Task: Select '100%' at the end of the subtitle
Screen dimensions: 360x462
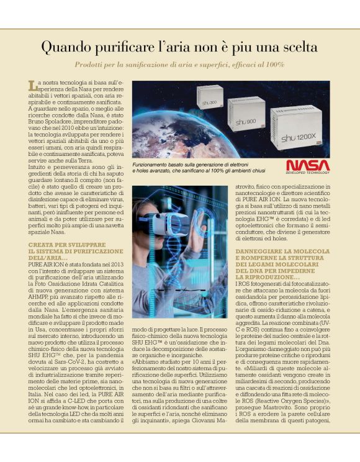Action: coord(275,65)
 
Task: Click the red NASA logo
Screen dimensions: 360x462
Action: coord(308,165)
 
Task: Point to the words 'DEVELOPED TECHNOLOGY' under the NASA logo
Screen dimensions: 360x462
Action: coord(308,173)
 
